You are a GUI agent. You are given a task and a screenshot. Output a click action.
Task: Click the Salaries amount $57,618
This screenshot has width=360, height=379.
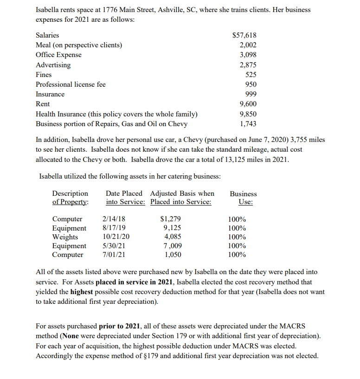(244, 35)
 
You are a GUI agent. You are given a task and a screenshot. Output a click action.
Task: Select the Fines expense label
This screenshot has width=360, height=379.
(44, 75)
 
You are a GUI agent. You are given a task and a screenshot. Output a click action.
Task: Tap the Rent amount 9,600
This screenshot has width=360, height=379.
(248, 104)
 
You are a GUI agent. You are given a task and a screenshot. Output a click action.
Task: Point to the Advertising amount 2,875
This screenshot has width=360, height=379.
(248, 65)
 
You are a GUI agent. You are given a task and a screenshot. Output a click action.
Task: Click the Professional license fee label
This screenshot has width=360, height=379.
(71, 84)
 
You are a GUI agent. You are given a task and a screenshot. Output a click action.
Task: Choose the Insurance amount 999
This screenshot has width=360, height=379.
(250, 94)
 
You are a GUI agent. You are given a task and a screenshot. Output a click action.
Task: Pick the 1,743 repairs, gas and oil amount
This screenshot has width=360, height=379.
(248, 124)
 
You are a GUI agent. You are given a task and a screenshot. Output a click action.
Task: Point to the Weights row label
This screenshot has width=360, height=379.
(65, 237)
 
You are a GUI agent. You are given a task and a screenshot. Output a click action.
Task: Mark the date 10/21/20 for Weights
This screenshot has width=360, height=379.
(116, 237)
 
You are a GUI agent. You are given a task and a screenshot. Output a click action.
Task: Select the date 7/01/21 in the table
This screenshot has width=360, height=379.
(113, 255)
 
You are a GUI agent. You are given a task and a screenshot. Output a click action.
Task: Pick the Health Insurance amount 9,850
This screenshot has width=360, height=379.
(248, 114)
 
